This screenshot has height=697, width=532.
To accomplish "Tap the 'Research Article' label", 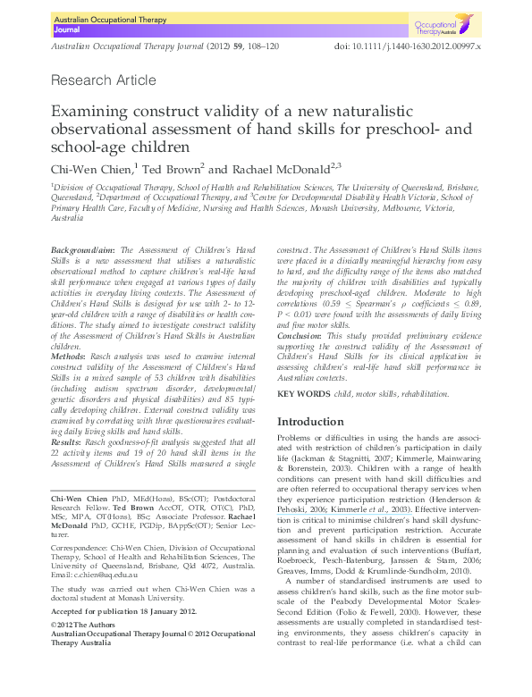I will [104, 80].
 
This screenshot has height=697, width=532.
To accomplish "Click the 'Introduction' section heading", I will [309, 421].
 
